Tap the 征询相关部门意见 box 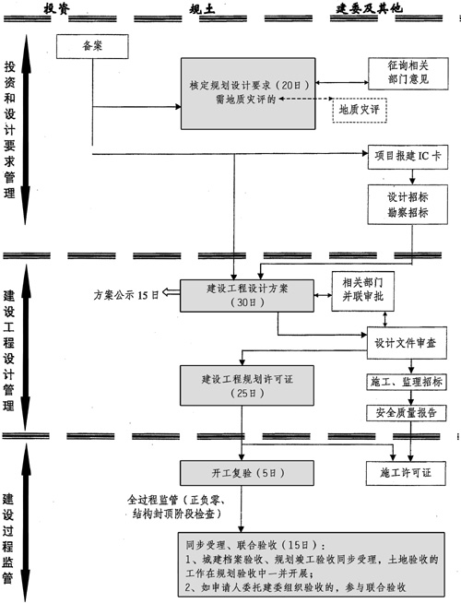(405, 76)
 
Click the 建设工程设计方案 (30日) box (246, 294)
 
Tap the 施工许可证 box (405, 473)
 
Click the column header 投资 (56, 7)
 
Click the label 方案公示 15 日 (126, 294)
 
